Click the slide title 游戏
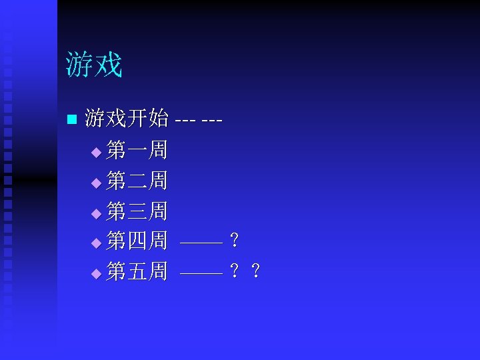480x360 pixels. (x=94, y=65)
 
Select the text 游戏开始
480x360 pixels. (x=127, y=119)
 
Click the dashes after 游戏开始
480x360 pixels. (x=198, y=121)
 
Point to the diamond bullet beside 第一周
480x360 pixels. (x=96, y=153)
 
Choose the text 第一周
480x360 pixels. (x=137, y=151)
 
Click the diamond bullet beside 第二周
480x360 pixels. (x=96, y=183)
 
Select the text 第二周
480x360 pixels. (x=137, y=181)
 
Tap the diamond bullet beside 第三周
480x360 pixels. (x=96, y=214)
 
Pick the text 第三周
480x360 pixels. (x=137, y=212)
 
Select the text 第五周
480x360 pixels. (x=137, y=272)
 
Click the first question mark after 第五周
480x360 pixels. (x=234, y=272)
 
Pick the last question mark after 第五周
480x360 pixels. (x=255, y=272)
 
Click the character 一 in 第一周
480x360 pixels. (x=137, y=151)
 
